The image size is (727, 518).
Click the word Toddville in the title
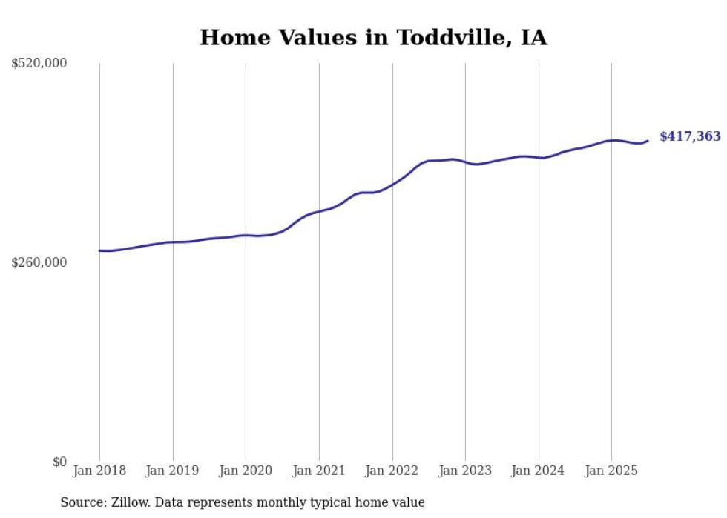[438, 38]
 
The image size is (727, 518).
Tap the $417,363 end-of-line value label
[690, 136]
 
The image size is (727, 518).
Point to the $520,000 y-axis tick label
[39, 64]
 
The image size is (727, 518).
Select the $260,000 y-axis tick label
[39, 262]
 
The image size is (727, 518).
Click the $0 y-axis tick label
[59, 462]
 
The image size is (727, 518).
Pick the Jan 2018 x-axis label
[99, 471]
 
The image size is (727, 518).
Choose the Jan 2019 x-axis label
[173, 471]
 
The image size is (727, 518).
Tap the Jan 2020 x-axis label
[246, 471]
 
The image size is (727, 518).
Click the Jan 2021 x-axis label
[319, 471]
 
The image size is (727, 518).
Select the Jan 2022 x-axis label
[392, 471]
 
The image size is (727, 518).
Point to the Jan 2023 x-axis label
[465, 471]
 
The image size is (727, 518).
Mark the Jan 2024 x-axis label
[539, 471]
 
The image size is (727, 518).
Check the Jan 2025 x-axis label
[611, 471]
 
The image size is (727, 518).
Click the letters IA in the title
[534, 38]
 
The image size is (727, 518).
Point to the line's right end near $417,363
[648, 141]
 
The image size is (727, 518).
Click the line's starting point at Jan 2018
[99, 250]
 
